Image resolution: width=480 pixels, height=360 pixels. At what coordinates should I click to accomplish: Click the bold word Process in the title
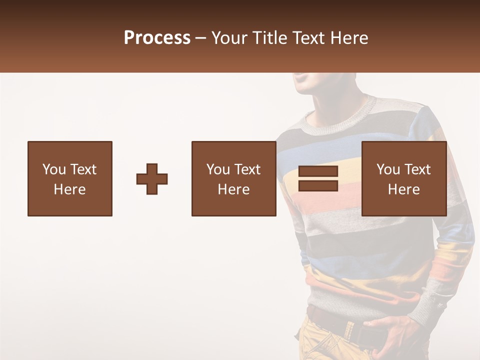pos(157,38)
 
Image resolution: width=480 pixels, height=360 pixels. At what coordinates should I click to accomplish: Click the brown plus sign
pos(152,179)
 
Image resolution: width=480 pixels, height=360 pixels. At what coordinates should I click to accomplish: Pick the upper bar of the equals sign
pos(318,171)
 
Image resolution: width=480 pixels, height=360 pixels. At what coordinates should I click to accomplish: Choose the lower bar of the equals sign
pos(318,185)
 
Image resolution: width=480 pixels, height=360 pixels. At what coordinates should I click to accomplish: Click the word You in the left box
pos(53,169)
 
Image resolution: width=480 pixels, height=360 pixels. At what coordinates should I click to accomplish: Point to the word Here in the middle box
pos(234,189)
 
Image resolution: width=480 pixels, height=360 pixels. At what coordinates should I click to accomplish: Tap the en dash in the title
pos(200,38)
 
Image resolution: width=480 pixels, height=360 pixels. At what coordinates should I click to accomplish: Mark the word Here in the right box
pos(404,189)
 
